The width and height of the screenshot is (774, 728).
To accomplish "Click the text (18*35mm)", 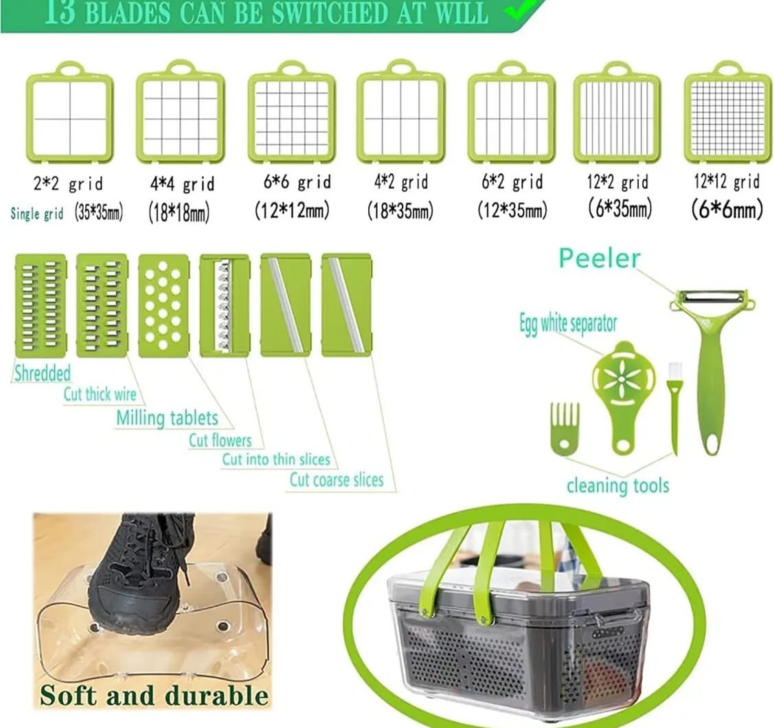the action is (x=400, y=211).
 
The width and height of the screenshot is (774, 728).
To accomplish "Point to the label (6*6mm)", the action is (x=727, y=210).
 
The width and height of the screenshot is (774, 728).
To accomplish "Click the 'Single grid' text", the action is (x=37, y=214).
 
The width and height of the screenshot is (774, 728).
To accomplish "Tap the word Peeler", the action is (x=600, y=258).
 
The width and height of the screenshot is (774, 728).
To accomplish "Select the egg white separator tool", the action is (x=624, y=395).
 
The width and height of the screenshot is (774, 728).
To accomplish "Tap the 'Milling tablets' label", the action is (x=168, y=418).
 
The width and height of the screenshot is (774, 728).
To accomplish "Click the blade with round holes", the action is (x=163, y=305).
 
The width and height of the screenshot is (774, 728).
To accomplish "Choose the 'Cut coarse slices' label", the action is (x=337, y=480).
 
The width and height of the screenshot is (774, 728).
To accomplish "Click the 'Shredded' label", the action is (x=43, y=373).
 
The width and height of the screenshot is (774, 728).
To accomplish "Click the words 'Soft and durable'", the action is (x=155, y=695).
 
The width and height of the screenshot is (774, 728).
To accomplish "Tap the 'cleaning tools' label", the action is (x=618, y=485).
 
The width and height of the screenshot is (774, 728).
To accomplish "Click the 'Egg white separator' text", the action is (x=568, y=324).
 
